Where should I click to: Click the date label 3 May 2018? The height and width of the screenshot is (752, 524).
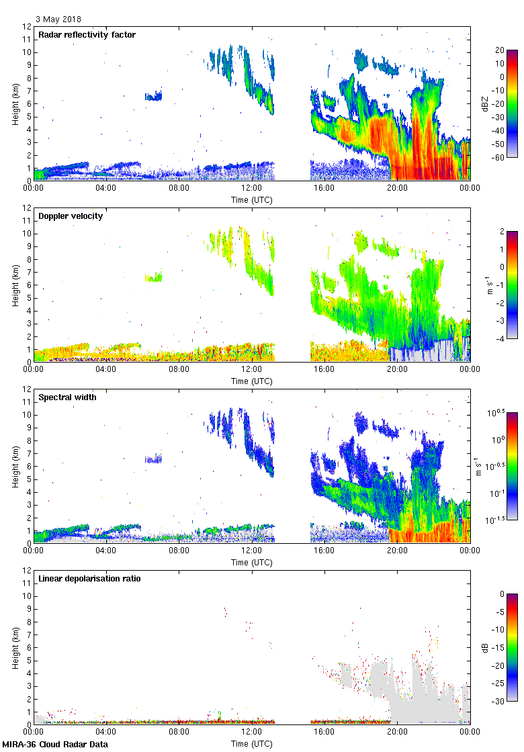click(59, 19)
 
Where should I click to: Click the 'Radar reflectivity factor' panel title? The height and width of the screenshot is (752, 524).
click(87, 34)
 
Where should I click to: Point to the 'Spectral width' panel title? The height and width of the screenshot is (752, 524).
click(65, 397)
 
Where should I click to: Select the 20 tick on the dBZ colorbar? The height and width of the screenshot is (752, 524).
click(500, 50)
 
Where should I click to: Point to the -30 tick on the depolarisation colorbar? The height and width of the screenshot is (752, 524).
click(501, 700)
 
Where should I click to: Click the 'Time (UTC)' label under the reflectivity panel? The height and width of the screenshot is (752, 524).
click(252, 200)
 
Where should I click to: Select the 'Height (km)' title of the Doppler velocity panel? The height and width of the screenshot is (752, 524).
click(15, 285)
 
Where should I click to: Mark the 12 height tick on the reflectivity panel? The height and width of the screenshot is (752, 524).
click(27, 27)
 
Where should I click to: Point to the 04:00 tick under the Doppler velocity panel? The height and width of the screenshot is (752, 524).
click(106, 369)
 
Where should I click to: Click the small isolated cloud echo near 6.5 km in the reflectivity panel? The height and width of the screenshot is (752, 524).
click(154, 95)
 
